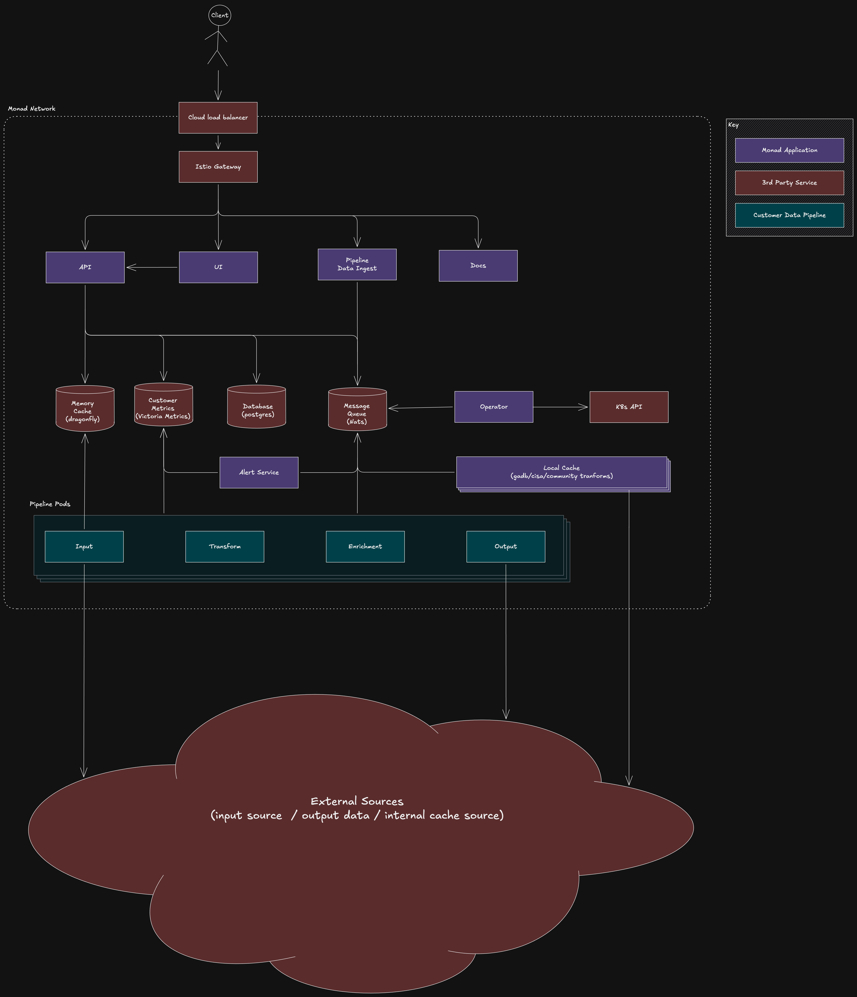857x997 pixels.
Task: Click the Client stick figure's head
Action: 219,15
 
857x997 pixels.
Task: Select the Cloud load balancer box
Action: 218,117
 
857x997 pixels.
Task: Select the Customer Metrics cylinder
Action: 164,405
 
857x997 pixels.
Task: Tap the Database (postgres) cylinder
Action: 256,407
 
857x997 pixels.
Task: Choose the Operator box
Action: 494,407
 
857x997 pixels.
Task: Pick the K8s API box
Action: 629,407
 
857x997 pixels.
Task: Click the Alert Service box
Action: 259,473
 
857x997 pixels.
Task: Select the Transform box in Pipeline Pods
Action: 225,547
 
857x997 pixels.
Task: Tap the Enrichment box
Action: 365,547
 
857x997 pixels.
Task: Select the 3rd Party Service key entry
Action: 789,183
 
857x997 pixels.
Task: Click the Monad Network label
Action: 32,109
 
